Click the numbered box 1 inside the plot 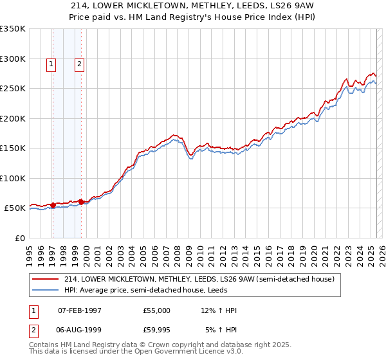tap(51, 64)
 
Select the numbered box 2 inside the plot tap(79, 64)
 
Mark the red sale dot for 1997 tap(53, 205)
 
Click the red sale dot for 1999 tap(81, 201)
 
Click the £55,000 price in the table tap(156, 310)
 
